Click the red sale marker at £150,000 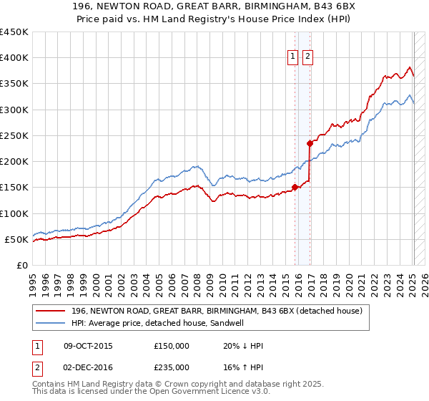coord(295,188)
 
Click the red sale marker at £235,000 coord(310,143)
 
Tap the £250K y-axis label coord(15,135)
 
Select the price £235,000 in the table coord(172,367)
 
